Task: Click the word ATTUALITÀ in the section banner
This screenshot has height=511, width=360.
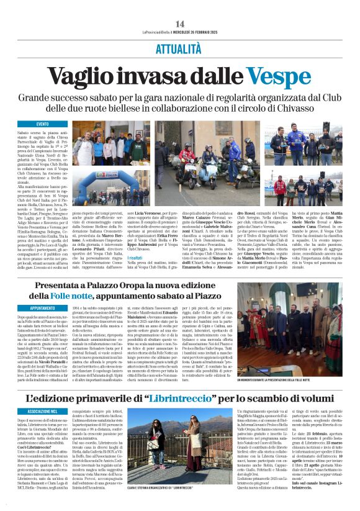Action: (180, 48)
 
